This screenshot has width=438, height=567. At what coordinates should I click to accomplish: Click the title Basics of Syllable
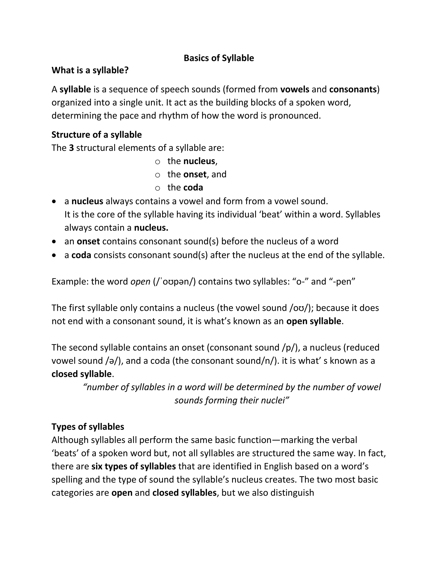[219, 58]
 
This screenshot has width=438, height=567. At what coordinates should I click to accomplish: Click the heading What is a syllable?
[90, 70]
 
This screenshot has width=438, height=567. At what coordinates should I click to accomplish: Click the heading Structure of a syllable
[96, 135]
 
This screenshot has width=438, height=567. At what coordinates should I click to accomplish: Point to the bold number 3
[71, 148]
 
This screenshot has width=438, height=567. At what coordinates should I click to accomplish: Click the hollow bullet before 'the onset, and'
[157, 175]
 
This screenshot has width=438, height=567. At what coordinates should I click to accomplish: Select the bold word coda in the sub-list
[193, 187]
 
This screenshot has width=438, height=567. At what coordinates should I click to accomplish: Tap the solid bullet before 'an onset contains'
[54, 241]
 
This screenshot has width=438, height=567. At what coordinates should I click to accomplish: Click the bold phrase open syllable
[314, 321]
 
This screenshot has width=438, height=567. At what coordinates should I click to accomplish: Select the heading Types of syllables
[88, 427]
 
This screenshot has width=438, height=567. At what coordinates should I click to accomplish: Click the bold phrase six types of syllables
[133, 466]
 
